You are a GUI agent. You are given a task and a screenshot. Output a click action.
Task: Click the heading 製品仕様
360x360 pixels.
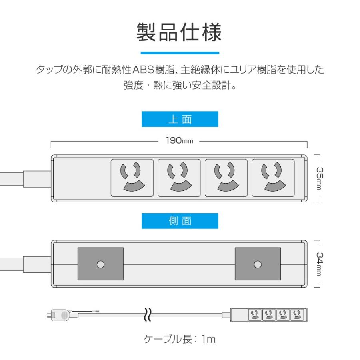pos(179,32)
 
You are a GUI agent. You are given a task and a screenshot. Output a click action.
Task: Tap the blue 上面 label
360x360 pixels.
pos(180,119)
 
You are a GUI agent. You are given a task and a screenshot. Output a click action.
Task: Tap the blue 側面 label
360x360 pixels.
pos(180,221)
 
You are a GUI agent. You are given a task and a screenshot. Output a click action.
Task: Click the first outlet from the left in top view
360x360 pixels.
pos(132,178)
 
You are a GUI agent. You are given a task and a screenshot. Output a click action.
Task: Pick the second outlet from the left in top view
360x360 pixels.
pos(179,178)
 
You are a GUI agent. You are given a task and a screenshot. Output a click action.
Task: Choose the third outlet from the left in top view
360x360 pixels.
pos(226,178)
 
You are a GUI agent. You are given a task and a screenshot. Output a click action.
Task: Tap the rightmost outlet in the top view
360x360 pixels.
pos(273,178)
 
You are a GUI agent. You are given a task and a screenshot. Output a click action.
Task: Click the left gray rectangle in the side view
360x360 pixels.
pos(100,264)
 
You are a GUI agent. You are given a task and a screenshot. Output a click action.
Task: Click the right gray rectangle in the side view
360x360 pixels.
pos(258,264)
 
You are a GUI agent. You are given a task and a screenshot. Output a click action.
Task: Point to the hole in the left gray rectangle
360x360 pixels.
pos(100,264)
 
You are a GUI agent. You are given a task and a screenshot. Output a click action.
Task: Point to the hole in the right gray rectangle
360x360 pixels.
pos(258,264)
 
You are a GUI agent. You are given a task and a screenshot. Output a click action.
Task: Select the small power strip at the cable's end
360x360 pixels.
pos(270,315)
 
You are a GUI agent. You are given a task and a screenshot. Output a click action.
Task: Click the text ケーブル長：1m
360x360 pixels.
pos(180,339)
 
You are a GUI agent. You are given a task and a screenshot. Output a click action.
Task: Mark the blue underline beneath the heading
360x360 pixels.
pos(180,53)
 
